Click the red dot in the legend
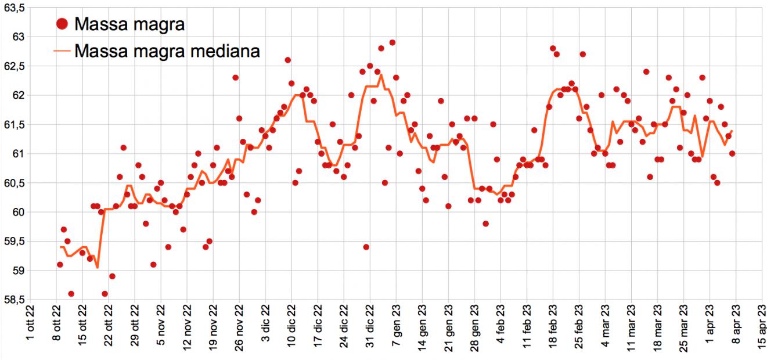pos(63,24)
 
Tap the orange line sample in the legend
pos(63,51)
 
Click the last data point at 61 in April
pos(732,154)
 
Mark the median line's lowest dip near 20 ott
pos(97,268)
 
